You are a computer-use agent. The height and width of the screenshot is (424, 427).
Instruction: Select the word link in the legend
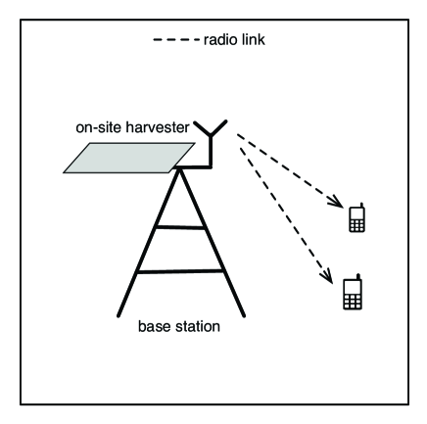coord(253,41)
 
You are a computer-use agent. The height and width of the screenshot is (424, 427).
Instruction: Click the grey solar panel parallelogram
coord(127,158)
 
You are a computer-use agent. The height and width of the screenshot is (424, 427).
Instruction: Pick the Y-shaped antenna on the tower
coord(211,132)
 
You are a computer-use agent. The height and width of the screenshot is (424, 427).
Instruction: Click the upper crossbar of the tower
coord(179,227)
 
